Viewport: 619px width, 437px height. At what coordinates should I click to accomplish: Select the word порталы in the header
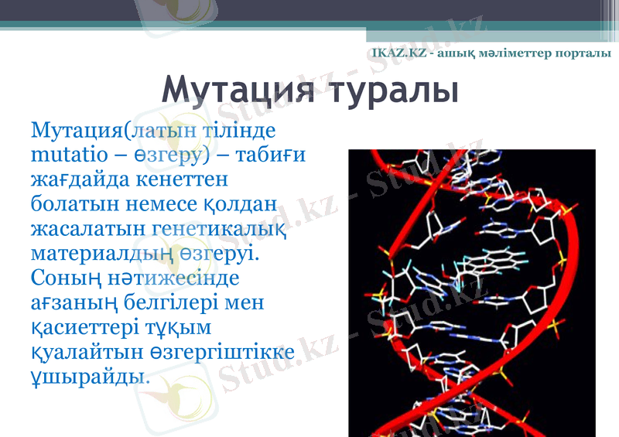pyautogui.click(x=583, y=53)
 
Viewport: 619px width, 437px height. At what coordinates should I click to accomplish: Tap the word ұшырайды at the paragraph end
pyautogui.click(x=90, y=377)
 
